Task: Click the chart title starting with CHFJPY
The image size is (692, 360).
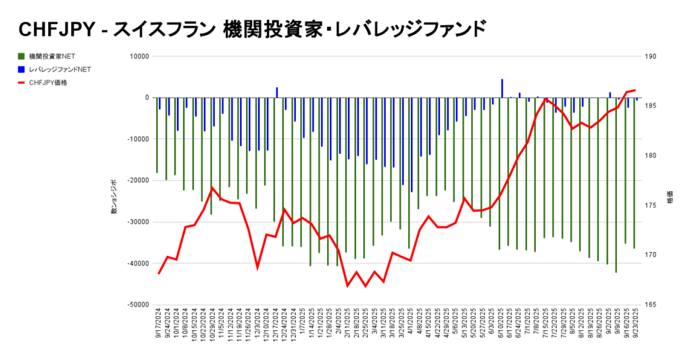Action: tap(250, 29)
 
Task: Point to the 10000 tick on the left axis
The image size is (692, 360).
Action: tap(138, 57)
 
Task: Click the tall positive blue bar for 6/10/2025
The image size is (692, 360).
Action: tap(502, 88)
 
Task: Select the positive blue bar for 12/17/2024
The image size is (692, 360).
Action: tap(277, 93)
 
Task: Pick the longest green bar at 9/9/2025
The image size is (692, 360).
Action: tap(616, 185)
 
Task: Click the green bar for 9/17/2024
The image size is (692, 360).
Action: tap(157, 135)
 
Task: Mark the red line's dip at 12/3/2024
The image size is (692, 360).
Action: tap(257, 267)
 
